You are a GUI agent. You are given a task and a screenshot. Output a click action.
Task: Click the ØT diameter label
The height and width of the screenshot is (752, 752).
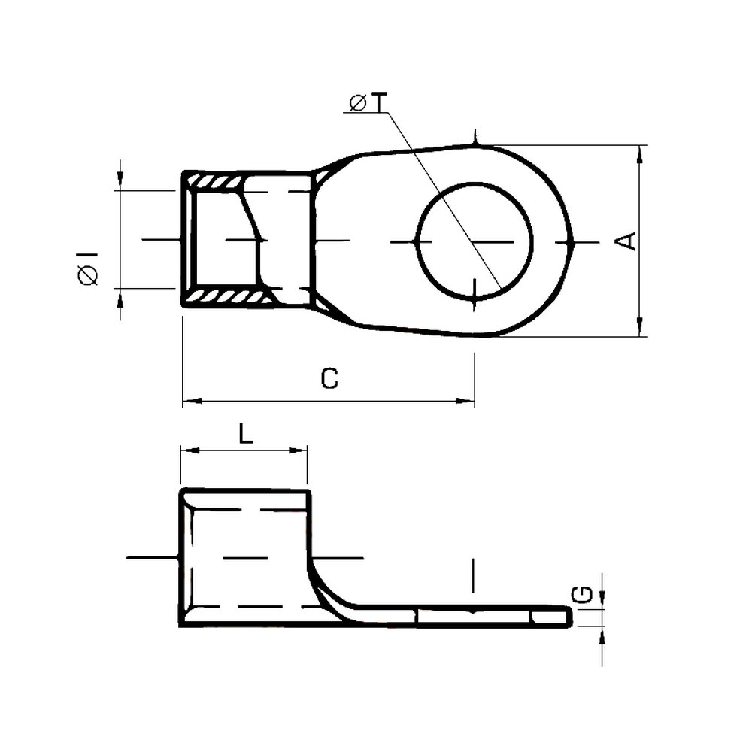tap(368, 102)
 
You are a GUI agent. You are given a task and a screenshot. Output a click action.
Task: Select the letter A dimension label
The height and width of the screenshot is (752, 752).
tap(626, 241)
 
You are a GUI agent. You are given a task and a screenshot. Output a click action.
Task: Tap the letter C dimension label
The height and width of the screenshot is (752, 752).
tap(329, 378)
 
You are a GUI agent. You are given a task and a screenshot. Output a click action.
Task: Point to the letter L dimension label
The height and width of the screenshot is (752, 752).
tap(246, 435)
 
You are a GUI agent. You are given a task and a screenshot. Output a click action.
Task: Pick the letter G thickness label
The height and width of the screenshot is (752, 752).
tap(583, 595)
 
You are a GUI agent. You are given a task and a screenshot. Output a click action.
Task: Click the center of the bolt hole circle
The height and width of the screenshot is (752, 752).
tap(475, 241)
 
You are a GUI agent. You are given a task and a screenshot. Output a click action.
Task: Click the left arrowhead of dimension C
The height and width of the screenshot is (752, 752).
tap(193, 401)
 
